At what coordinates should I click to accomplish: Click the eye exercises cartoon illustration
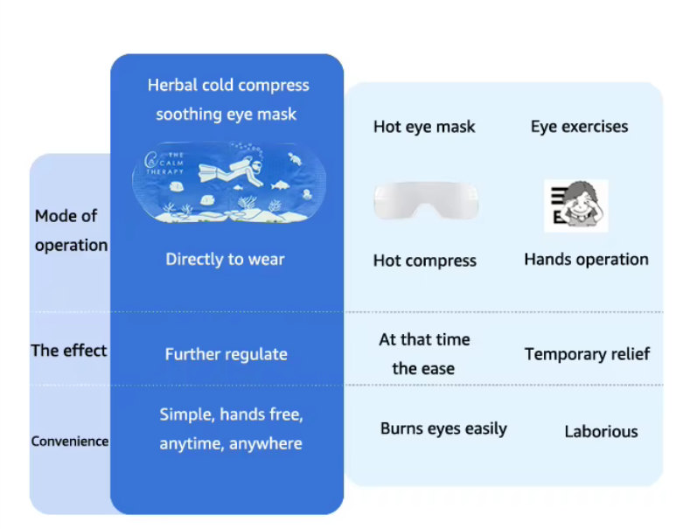pos(575,205)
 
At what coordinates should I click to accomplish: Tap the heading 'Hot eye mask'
pos(424,127)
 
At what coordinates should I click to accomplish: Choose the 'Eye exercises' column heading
pos(579,127)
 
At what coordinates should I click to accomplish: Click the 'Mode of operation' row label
pos(71,230)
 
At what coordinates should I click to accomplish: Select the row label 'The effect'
pos(69,351)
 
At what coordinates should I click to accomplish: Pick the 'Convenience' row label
pos(70,442)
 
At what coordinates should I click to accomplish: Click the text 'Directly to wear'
pos(225,259)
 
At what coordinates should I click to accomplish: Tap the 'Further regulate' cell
pos(226,354)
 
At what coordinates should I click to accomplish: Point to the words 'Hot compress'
pos(424,261)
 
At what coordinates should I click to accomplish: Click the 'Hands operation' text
pos(586,260)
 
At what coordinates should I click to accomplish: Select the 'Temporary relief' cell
pos(587,354)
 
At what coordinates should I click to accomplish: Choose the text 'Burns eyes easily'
pos(443,428)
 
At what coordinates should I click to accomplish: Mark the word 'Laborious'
pos(601,431)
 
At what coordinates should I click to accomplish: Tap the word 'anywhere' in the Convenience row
pos(267,443)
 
